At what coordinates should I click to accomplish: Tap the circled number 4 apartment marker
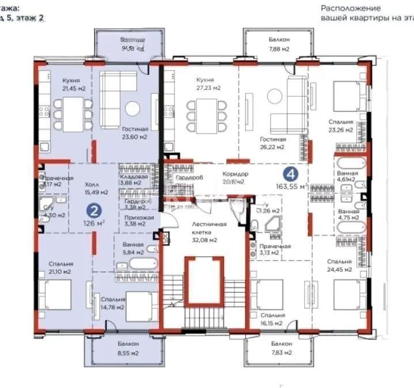pos(293,172)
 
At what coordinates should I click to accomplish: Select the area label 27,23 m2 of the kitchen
pos(208,88)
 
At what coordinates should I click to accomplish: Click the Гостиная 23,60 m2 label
pos(135,133)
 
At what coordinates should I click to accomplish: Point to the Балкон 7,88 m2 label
pos(279,44)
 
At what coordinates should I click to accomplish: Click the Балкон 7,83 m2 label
pos(279,348)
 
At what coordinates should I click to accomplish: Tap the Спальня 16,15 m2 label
pos(272,319)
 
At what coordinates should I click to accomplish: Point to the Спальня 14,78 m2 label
pos(113,303)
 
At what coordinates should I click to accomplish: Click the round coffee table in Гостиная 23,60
pos(132,108)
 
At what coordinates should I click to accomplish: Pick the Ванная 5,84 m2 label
pos(132,248)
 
